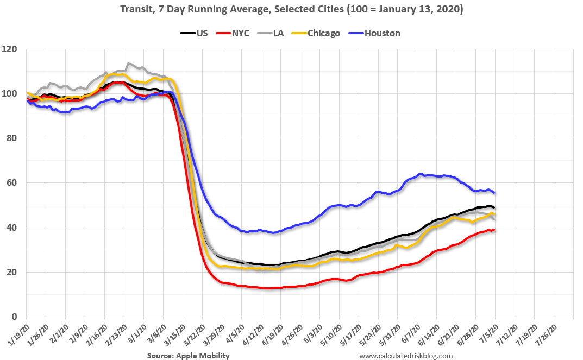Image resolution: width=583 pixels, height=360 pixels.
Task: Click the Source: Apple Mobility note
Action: (x=188, y=356)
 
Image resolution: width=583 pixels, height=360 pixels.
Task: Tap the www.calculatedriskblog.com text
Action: (x=406, y=356)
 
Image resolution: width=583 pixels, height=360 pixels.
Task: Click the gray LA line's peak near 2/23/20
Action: (x=128, y=64)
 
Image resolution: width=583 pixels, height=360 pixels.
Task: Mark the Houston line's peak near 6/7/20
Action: (x=421, y=174)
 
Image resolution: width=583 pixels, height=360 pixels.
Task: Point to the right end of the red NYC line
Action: (x=494, y=230)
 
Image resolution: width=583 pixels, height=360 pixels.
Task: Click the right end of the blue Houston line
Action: (x=494, y=193)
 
